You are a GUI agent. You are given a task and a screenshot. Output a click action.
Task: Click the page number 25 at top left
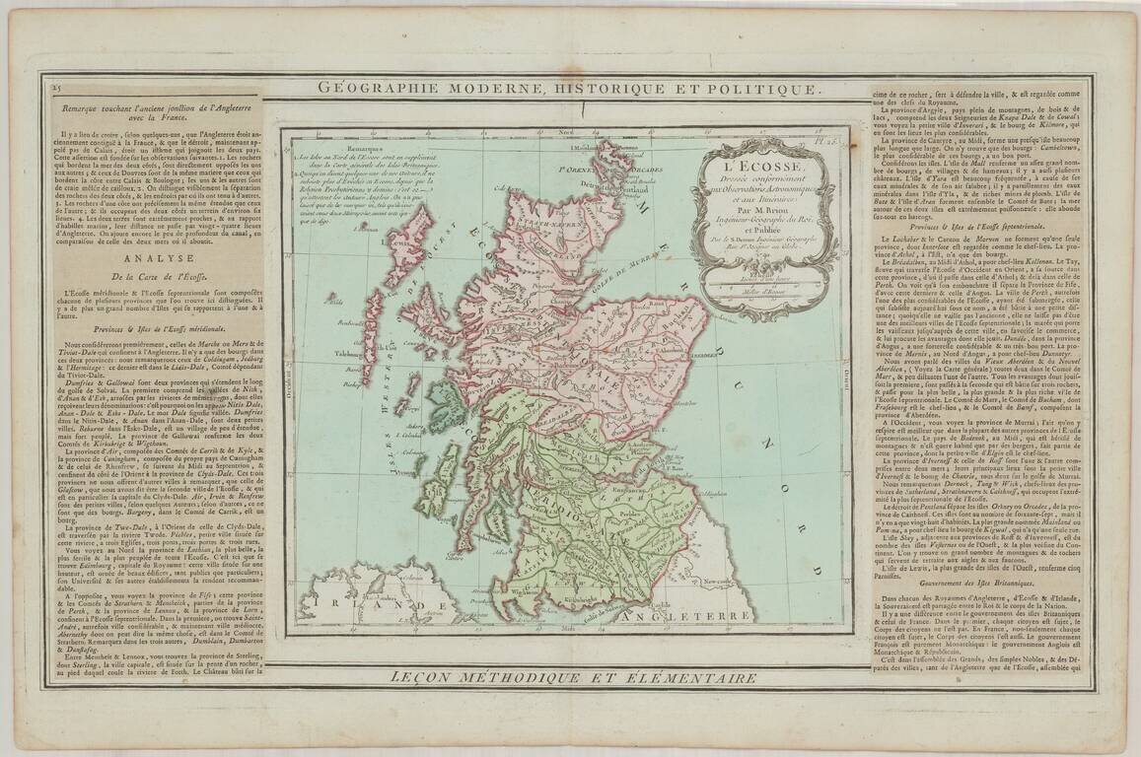[x=55, y=89]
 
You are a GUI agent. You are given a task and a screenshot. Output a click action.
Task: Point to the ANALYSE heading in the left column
[x=145, y=259]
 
